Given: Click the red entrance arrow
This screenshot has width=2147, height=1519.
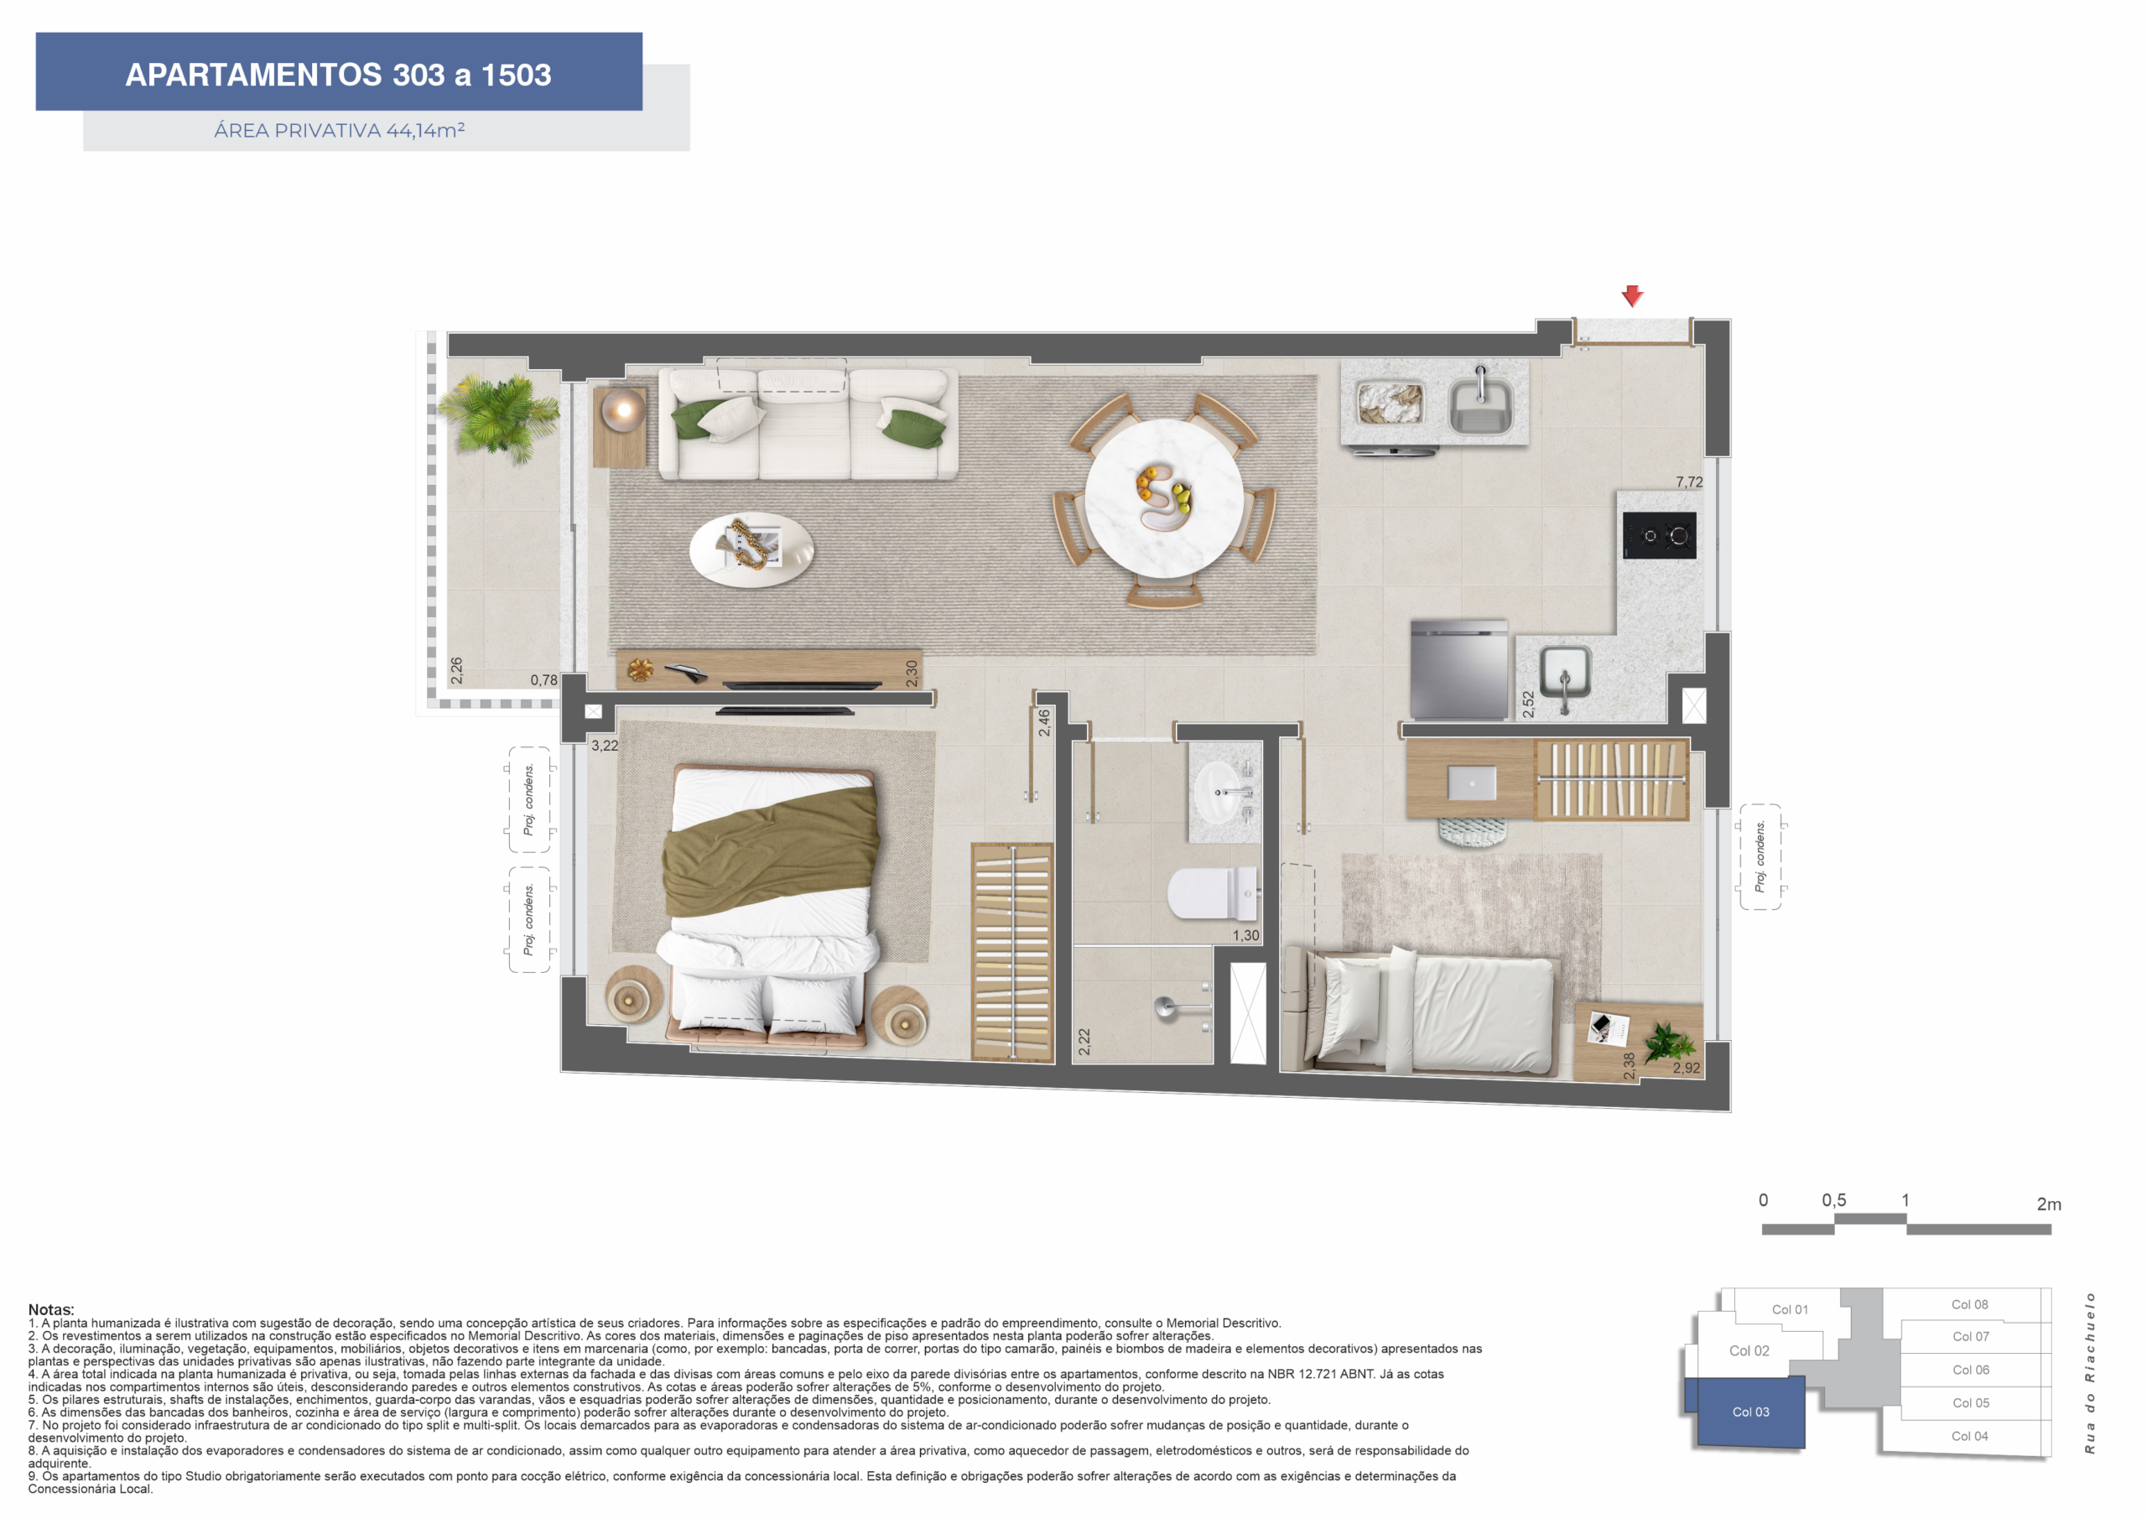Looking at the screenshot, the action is click(1632, 295).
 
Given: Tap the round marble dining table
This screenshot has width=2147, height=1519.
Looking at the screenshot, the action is click(1163, 497).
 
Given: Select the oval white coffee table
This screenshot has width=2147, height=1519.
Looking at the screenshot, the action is click(751, 550).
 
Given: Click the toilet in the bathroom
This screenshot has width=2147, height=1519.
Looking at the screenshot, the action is click(1212, 893).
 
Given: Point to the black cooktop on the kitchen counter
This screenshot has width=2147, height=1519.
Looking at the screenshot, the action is click(1659, 536).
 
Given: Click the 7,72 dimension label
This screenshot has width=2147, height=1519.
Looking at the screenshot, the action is click(1689, 482).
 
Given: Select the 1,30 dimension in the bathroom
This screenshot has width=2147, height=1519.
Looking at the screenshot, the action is click(1245, 935).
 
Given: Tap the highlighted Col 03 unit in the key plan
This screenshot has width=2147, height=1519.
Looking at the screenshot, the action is click(1745, 1412).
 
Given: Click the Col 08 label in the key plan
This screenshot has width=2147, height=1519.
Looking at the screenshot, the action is click(1969, 1304).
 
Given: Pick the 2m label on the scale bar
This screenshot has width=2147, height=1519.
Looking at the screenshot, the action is click(2049, 1204).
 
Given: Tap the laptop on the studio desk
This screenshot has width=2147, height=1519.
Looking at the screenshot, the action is click(1471, 783).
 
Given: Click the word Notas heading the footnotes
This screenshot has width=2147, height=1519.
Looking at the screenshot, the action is click(50, 1309).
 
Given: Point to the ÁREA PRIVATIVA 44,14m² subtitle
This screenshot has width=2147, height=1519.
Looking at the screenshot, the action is click(340, 130).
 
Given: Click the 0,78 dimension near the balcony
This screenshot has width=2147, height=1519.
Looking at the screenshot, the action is click(543, 680).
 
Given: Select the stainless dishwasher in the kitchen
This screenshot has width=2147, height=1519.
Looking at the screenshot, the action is click(1458, 669).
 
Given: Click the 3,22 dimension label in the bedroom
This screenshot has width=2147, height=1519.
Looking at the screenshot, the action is click(604, 746).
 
